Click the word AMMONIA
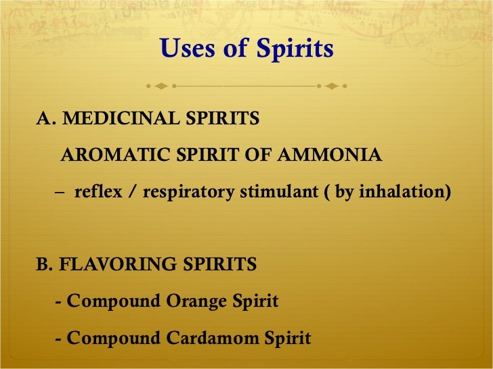click(x=335, y=156)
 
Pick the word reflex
click(x=97, y=192)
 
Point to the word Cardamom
click(x=214, y=337)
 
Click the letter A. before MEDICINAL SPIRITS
click(x=45, y=119)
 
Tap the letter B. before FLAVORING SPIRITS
click(x=45, y=264)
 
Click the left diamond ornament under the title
click(x=160, y=87)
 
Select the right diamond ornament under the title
click(x=332, y=87)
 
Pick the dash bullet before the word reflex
click(x=62, y=193)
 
